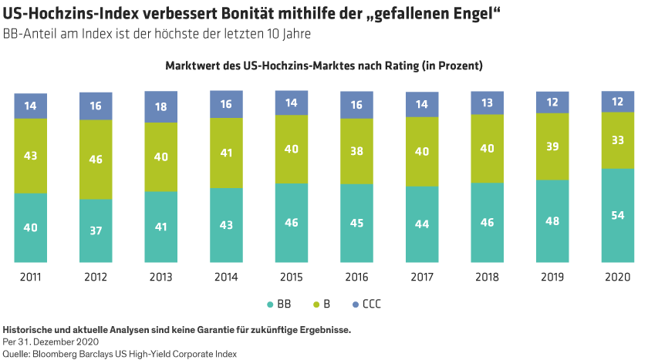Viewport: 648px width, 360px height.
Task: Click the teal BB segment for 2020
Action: (x=618, y=216)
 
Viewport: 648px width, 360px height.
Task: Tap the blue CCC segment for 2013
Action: (x=161, y=106)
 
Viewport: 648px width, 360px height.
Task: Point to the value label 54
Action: (x=618, y=215)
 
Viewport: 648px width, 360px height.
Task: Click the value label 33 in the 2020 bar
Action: (x=618, y=140)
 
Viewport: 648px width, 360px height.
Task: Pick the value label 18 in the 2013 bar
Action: (x=161, y=106)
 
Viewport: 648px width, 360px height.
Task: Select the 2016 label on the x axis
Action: (x=357, y=277)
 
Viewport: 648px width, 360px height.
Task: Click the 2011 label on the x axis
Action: (x=30, y=277)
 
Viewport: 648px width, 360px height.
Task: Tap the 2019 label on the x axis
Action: (x=553, y=277)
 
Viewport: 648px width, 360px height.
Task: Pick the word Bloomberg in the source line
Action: (x=66, y=353)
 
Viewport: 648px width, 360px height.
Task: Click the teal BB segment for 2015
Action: (x=292, y=223)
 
